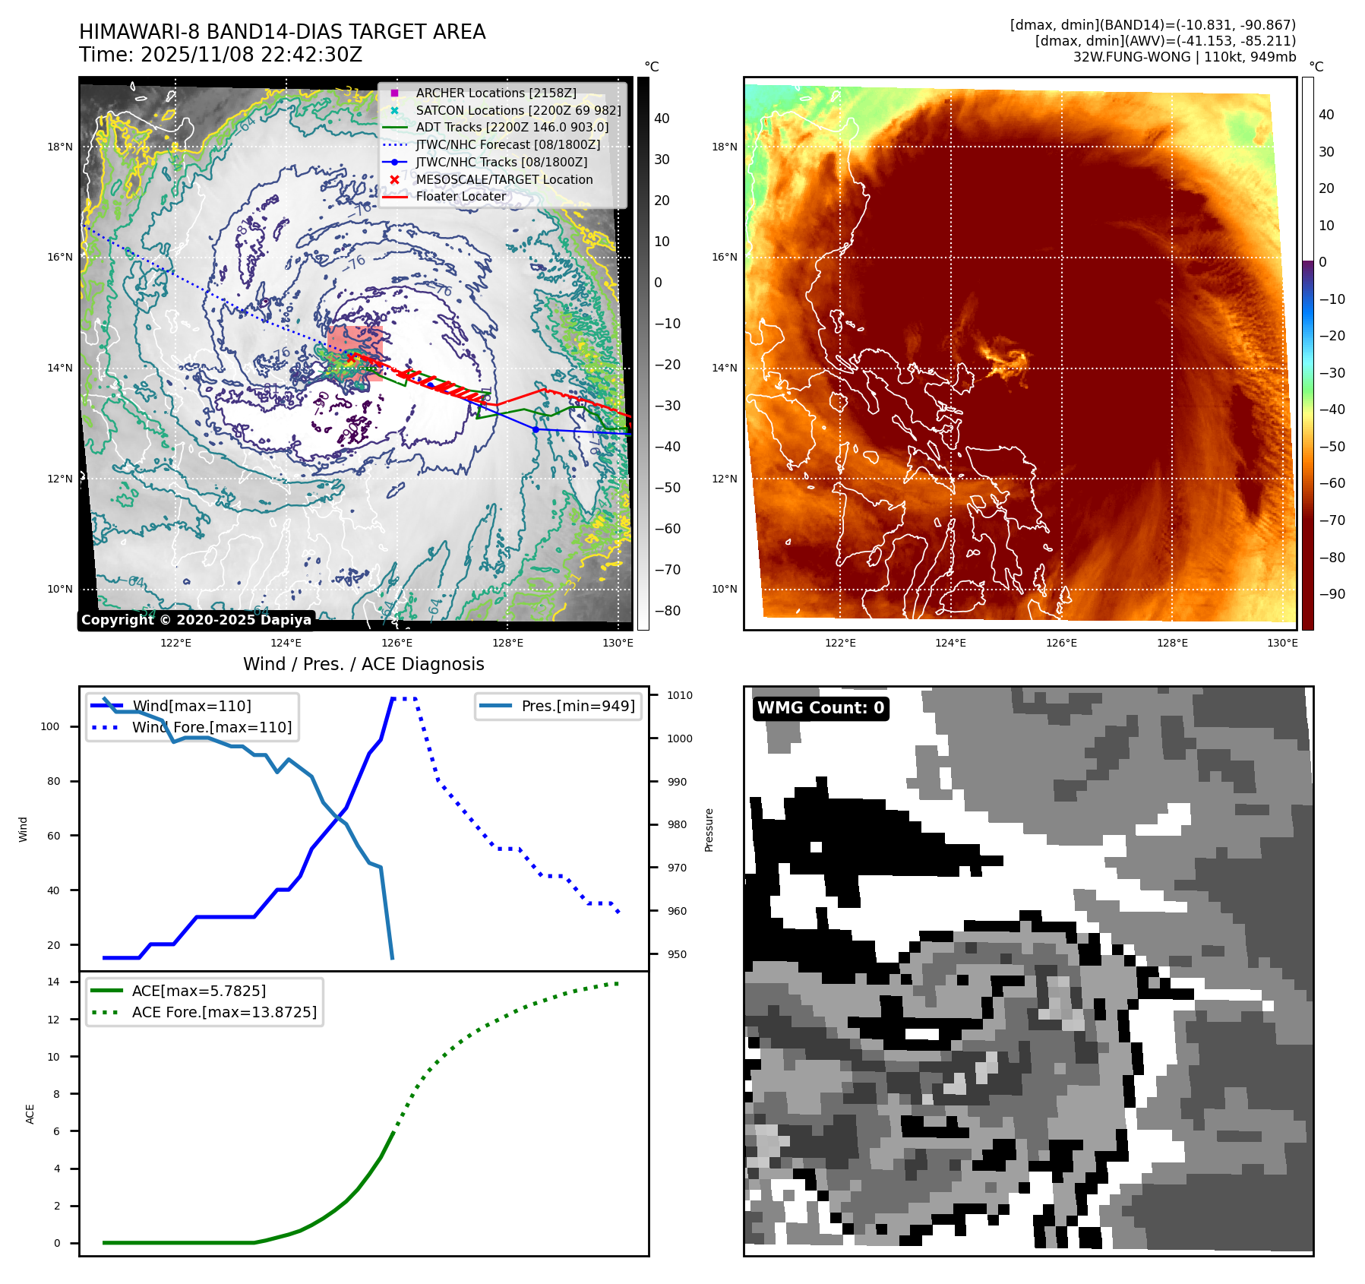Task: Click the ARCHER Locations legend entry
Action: [x=495, y=93]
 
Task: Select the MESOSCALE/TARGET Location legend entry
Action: [x=504, y=179]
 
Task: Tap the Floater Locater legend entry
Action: [x=460, y=196]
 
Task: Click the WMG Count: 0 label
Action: [x=820, y=708]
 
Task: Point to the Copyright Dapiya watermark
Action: [x=196, y=620]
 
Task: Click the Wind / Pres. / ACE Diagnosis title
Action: [x=363, y=664]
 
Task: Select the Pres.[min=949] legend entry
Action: [x=577, y=706]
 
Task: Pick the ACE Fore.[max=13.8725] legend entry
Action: [x=224, y=1012]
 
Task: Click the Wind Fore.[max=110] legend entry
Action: [x=211, y=727]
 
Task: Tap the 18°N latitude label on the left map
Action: [x=60, y=147]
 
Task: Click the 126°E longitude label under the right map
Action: [x=1061, y=643]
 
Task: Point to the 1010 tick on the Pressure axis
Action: [x=680, y=695]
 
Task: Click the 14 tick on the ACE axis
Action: [x=53, y=982]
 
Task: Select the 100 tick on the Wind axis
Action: [x=50, y=726]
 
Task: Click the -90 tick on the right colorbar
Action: [x=1332, y=594]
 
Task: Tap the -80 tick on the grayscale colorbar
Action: [x=668, y=611]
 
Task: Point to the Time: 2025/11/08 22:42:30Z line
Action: [x=220, y=55]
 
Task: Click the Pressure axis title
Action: [x=709, y=830]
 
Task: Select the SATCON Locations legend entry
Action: [x=518, y=110]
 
